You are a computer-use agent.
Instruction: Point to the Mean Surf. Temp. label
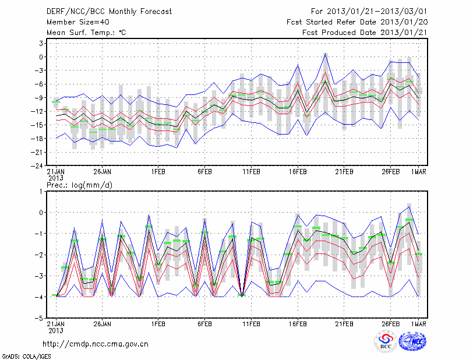click(x=86, y=32)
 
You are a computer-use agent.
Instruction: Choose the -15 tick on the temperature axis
click(x=39, y=125)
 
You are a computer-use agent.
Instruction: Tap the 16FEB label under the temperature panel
click(x=298, y=172)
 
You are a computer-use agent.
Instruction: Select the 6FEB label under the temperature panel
click(x=204, y=172)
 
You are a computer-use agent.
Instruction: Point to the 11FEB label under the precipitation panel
click(x=251, y=323)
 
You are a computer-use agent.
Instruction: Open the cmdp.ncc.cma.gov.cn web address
click(x=96, y=344)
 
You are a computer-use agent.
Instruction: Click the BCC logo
click(x=386, y=341)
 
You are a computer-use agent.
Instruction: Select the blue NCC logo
click(x=412, y=341)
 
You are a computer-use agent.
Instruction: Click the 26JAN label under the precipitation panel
click(x=102, y=323)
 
